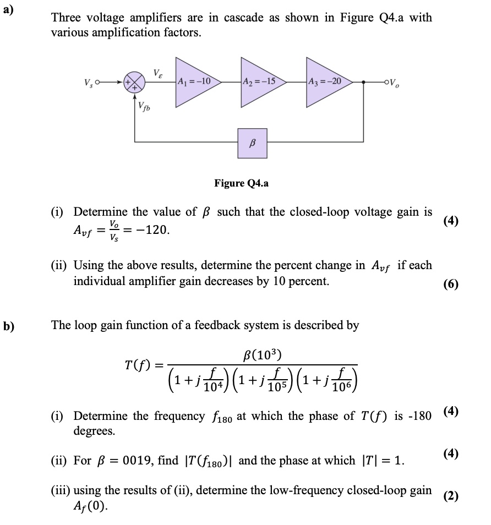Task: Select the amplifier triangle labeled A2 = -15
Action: (260, 81)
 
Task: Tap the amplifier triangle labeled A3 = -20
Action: (325, 81)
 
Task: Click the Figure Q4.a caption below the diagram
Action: (242, 183)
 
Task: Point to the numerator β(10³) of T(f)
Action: (262, 353)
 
